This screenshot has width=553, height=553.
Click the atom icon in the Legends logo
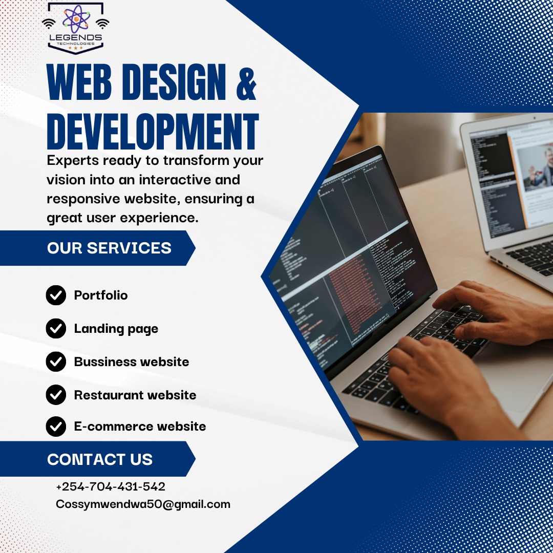point(76,19)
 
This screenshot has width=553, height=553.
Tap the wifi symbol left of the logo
point(49,24)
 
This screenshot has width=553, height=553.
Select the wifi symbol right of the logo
point(102,24)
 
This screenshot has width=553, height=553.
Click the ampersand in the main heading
point(246,84)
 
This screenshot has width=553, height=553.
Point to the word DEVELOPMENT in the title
point(153,132)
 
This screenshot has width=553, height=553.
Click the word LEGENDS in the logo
point(76,37)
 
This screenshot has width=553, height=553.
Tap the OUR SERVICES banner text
point(110,248)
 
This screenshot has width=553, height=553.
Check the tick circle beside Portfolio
point(56,295)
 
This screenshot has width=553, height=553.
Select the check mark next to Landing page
point(56,328)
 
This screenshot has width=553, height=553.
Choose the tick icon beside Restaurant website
point(56,395)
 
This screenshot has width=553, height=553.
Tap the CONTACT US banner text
point(100,459)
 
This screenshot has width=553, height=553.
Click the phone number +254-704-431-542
point(111,487)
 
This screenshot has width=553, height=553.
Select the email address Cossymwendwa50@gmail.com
point(143,504)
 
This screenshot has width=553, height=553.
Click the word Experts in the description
point(73,161)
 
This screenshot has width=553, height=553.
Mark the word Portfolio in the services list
point(101,295)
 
